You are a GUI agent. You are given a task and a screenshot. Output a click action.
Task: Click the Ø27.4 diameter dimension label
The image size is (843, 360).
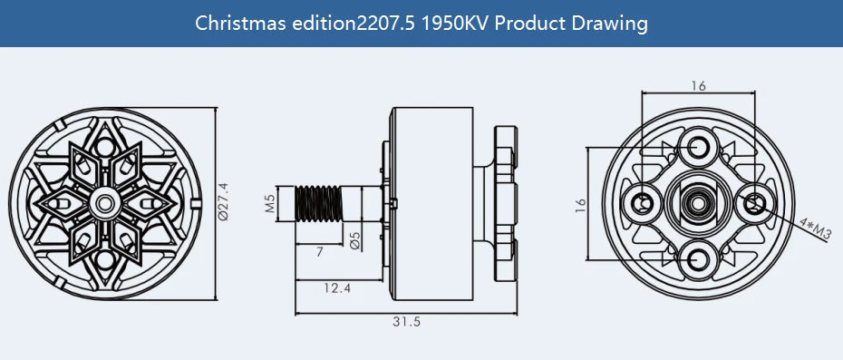tap(223, 201)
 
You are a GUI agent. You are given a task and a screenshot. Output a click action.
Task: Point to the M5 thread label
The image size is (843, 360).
tap(269, 202)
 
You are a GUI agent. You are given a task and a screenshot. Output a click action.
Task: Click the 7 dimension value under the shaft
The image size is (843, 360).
tap(319, 253)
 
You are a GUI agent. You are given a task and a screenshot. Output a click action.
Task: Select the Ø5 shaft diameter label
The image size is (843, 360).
tap(354, 240)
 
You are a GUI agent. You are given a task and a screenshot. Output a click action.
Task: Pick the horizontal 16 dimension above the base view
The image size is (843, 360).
tap(698, 86)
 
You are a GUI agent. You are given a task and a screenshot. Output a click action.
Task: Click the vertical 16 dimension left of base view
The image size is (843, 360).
tap(580, 205)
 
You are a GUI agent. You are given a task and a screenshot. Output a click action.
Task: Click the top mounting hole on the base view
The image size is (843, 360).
tap(698, 146)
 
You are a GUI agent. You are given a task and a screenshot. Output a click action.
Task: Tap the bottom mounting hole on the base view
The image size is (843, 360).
tap(698, 260)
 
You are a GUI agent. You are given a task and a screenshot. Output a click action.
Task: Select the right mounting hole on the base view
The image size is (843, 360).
tap(754, 202)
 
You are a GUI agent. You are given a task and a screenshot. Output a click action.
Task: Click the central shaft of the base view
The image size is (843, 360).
tap(698, 202)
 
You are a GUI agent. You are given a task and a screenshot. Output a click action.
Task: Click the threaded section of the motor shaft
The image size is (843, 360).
tap(321, 202)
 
